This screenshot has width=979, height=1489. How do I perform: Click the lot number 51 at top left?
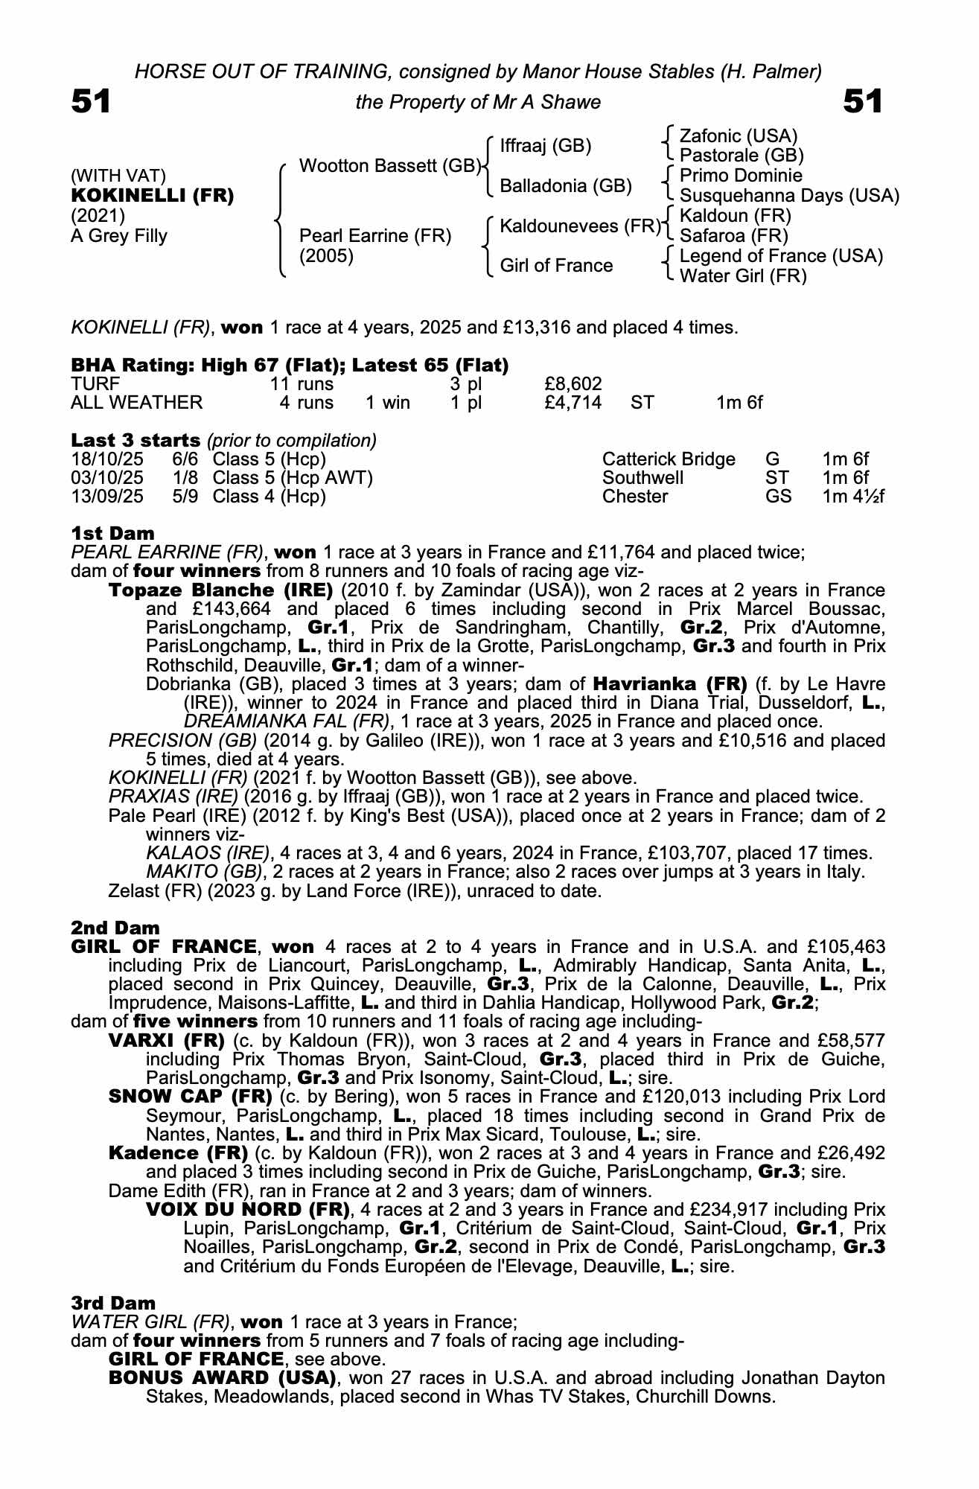click(91, 101)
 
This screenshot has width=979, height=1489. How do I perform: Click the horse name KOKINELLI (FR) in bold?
click(152, 196)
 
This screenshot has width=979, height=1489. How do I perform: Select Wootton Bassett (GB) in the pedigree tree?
click(389, 166)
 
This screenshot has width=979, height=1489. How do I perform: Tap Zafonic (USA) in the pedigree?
click(738, 136)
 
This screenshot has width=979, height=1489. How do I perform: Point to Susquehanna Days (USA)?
click(789, 196)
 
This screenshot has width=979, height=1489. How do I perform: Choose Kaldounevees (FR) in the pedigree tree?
click(580, 226)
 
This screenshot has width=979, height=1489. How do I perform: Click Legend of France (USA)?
click(781, 256)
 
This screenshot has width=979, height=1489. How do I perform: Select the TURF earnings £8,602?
click(573, 384)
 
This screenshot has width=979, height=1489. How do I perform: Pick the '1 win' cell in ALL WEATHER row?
click(387, 403)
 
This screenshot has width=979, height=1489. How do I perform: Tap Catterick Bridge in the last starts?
click(668, 459)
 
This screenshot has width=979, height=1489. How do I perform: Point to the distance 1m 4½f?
click(853, 496)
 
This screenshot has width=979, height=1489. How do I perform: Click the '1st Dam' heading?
click(112, 533)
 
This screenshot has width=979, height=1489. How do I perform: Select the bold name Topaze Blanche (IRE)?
click(221, 590)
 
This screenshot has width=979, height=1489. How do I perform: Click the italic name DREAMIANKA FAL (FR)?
click(287, 721)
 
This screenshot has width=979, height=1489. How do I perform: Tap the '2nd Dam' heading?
click(115, 928)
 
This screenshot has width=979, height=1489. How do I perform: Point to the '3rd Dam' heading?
click(113, 1303)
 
